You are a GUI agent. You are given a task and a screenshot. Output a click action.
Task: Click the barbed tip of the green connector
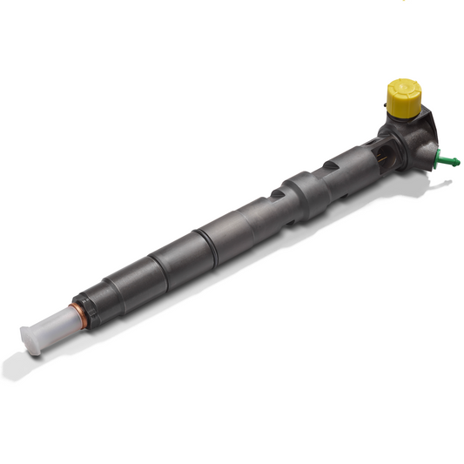click(455, 164)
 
